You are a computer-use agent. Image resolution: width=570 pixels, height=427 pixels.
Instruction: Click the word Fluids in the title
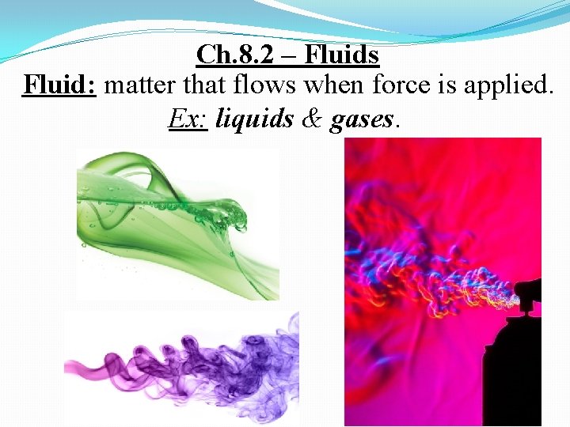click(x=342, y=55)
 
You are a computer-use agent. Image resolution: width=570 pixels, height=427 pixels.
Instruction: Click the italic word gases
click(x=362, y=120)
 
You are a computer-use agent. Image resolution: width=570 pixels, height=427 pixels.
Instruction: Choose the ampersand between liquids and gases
click(x=312, y=119)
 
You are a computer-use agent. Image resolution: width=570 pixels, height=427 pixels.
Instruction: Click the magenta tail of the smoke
click(x=95, y=372)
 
